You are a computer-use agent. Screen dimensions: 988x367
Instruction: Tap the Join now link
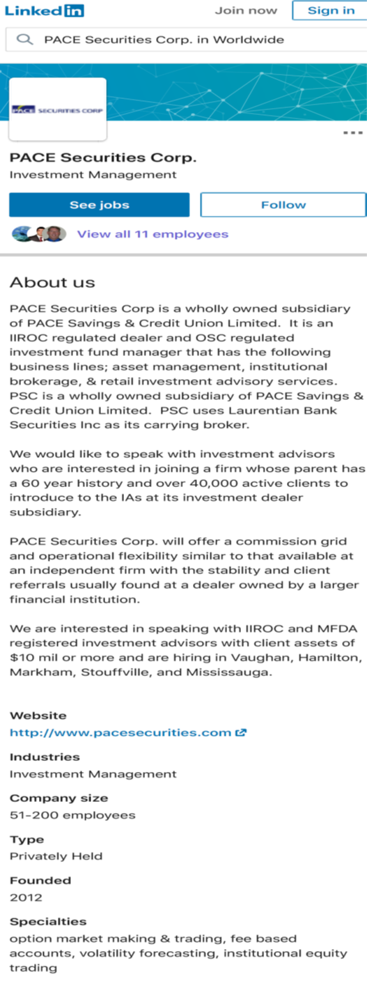(245, 10)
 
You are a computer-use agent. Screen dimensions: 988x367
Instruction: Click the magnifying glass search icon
(25, 40)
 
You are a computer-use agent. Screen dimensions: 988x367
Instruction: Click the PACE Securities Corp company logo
(58, 109)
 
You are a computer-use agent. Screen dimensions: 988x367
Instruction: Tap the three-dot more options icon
(353, 132)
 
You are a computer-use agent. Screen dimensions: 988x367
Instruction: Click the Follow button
(283, 205)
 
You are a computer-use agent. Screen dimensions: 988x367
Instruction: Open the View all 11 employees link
(153, 234)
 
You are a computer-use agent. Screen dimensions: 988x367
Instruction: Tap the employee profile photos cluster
(39, 234)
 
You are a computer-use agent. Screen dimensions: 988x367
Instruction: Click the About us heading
(52, 282)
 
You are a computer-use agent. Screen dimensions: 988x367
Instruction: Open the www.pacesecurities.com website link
(120, 732)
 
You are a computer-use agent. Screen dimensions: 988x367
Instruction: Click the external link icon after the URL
(242, 732)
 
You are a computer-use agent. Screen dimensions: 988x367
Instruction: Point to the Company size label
(58, 798)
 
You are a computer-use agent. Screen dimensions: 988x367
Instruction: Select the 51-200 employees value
(72, 815)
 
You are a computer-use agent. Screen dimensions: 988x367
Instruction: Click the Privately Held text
(56, 856)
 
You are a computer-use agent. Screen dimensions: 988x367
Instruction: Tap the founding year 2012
(26, 897)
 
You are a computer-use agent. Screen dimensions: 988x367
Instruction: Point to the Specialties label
(48, 922)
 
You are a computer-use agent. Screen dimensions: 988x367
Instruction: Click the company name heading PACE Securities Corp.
(102, 157)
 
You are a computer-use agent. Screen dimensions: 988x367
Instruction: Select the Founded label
(40, 880)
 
